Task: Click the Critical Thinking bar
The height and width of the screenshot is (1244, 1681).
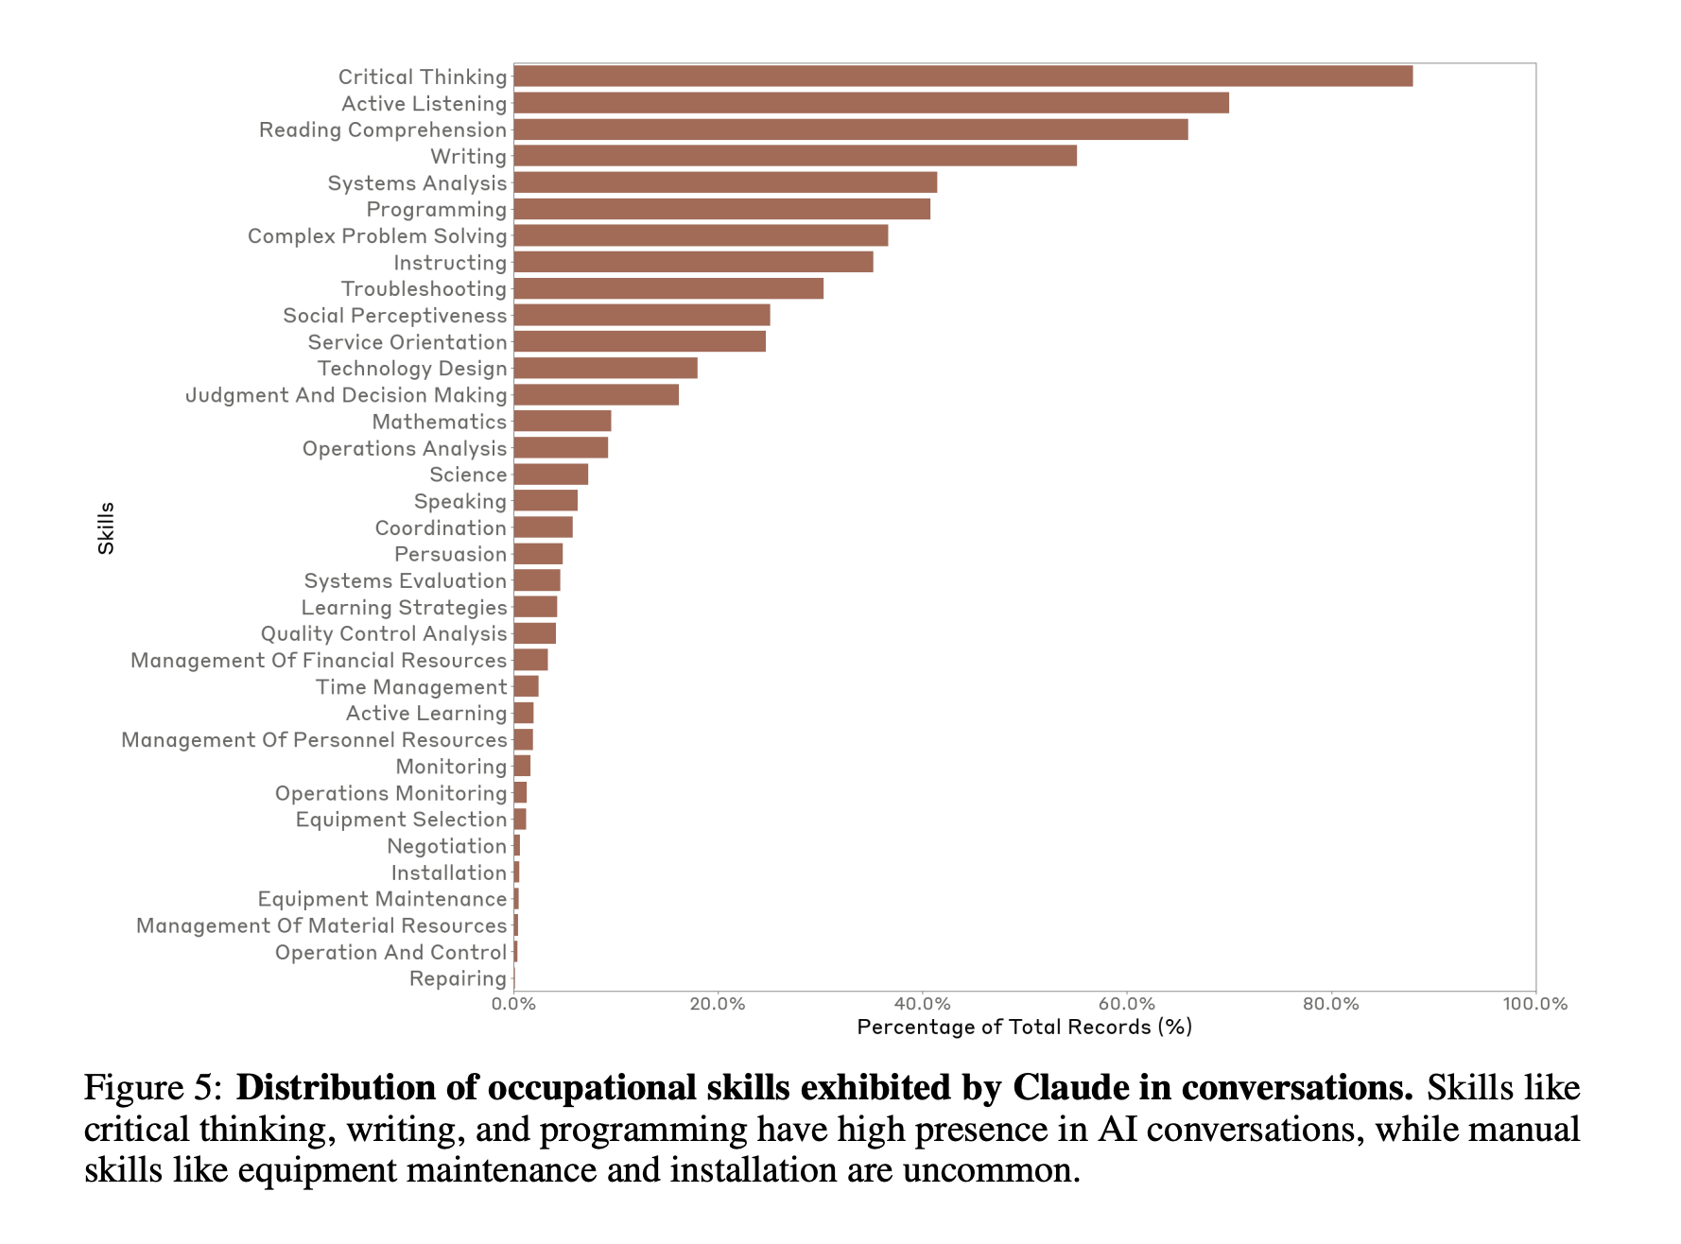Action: point(962,77)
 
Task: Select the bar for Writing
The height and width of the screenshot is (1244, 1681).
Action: point(794,156)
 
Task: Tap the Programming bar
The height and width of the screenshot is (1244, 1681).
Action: point(721,209)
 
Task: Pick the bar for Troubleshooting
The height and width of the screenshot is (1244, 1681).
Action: point(667,288)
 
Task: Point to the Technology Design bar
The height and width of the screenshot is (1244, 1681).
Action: point(605,368)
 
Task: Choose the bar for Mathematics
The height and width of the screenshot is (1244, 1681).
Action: point(562,421)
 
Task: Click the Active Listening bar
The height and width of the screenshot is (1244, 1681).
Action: point(871,103)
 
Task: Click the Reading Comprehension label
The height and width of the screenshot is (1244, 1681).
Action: point(383,130)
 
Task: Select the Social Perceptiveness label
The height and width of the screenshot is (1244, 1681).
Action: point(394,315)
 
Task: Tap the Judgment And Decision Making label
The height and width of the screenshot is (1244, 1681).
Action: point(346,394)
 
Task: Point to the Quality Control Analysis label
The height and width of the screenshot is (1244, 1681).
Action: point(384,633)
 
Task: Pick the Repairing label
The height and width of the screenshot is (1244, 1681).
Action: point(458,978)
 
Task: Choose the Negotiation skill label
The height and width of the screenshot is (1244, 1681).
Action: point(446,846)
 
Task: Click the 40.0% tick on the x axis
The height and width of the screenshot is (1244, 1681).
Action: point(922,1004)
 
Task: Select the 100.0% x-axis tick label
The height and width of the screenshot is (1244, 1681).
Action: point(1534,1004)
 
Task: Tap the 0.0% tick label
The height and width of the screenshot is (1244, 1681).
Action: point(513,1004)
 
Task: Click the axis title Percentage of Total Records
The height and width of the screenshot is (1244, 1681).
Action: point(1024,1028)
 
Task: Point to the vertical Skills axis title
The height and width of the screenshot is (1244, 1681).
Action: point(106,527)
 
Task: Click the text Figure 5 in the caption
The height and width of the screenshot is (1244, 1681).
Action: point(152,1088)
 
